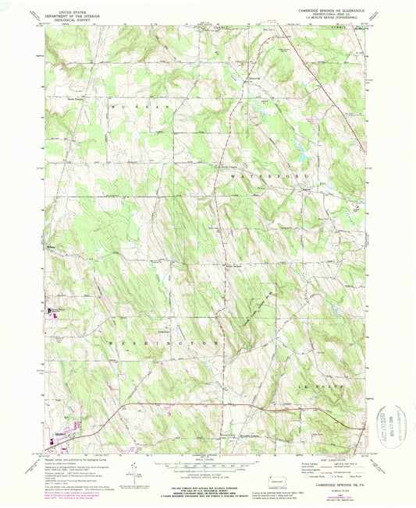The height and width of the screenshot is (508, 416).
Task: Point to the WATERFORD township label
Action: click(x=251, y=177)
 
